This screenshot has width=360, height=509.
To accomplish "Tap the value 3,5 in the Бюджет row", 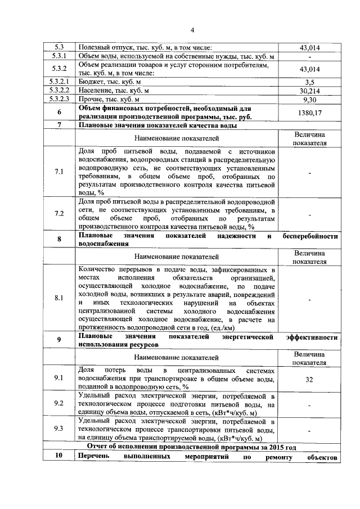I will click(309, 82).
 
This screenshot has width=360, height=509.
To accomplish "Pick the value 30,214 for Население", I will click(309, 91).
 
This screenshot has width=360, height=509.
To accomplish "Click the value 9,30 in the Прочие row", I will click(309, 99).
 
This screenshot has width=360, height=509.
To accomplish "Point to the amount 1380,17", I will click(309, 112).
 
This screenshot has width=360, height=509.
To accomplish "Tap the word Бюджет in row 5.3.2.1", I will click(92, 82).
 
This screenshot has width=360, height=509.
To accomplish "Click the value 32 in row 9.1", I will click(309, 380).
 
